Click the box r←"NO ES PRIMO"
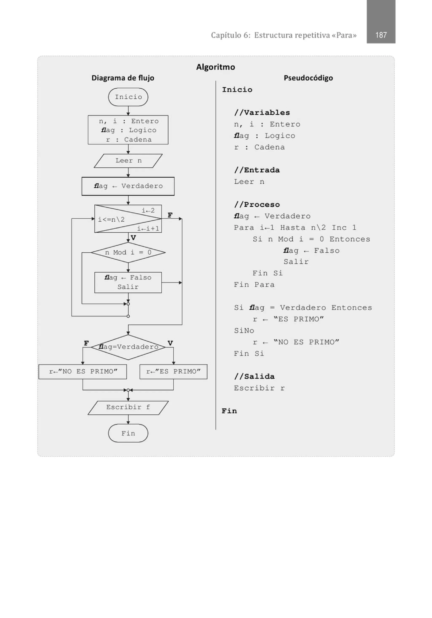[x=83, y=372]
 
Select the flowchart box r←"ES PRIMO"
[x=173, y=372]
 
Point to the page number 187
[x=381, y=35]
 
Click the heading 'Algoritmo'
[x=215, y=67]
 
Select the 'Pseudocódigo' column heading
[x=308, y=78]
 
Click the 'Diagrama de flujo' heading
[x=123, y=78]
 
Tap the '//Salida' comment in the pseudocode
[x=254, y=376]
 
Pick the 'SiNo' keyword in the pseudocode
[x=244, y=331]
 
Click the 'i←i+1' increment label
[x=148, y=229]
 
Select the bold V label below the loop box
[x=133, y=238]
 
